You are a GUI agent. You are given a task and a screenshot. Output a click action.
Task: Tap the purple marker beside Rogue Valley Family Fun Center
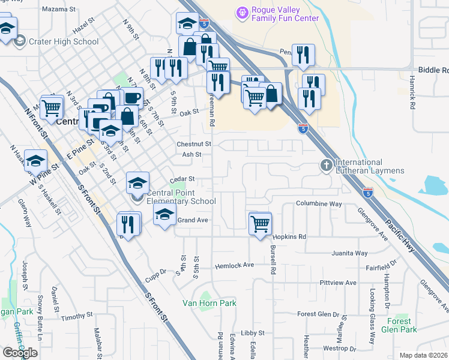tap(242, 11)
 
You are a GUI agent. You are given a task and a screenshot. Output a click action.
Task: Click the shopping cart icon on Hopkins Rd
tap(260, 224)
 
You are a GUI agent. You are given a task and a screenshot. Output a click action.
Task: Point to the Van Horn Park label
tap(209, 303)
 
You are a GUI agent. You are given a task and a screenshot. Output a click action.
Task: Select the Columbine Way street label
tap(319, 204)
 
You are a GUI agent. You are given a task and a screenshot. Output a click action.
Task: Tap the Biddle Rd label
tap(432, 70)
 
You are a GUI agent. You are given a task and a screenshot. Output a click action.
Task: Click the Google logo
tap(20, 352)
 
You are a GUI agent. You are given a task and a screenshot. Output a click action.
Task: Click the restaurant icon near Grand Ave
tap(129, 224)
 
